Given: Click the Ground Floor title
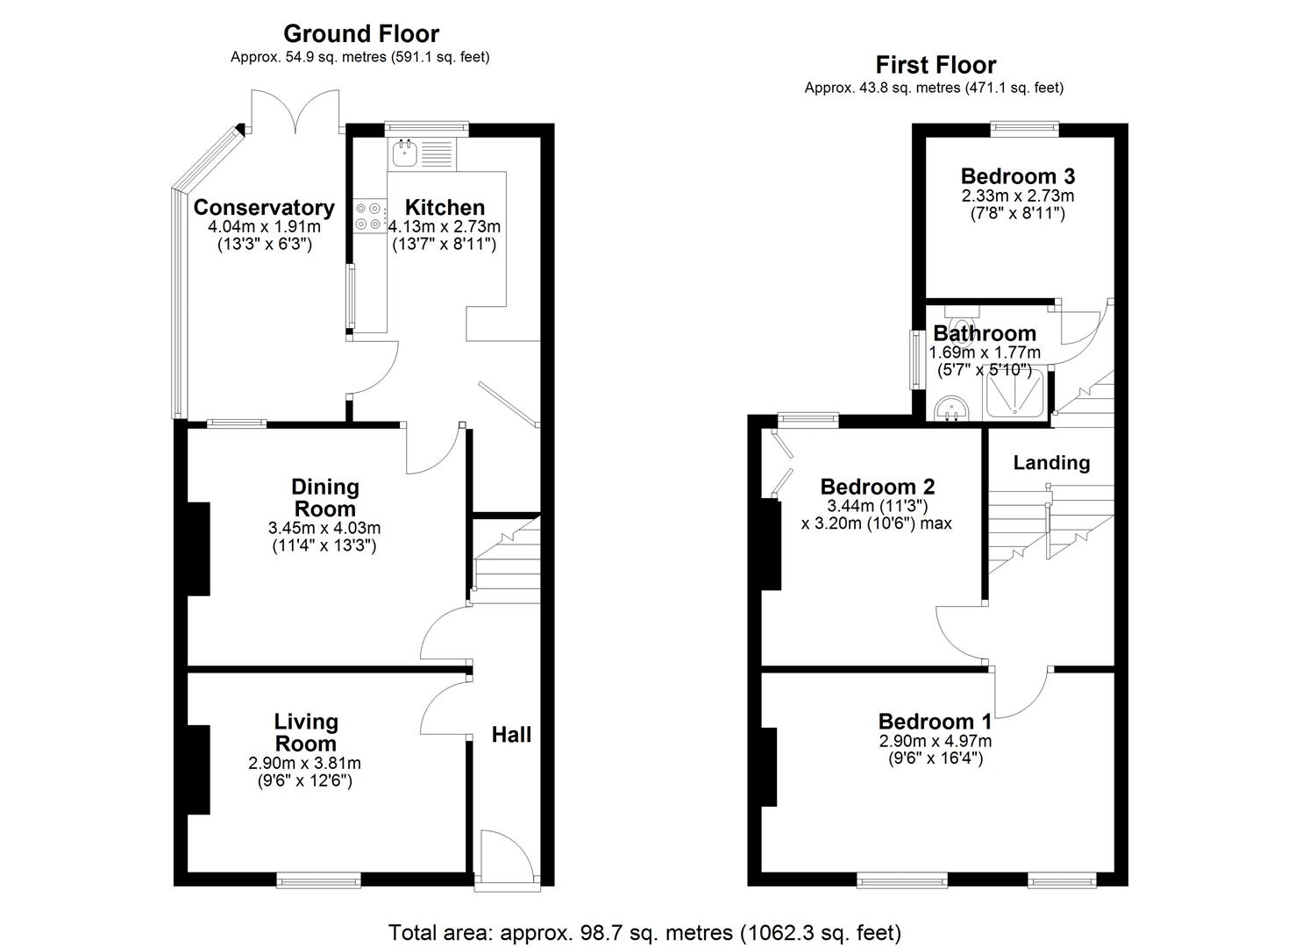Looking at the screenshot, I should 360,34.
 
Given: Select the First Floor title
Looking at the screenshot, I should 936,66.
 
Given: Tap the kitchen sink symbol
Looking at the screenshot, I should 405,154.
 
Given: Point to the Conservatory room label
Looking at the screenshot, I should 264,208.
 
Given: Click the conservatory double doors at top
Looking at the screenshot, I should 295,111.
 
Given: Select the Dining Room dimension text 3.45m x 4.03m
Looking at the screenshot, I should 324,528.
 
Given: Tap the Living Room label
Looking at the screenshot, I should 306,732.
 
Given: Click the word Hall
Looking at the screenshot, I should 511,735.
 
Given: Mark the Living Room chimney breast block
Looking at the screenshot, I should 198,770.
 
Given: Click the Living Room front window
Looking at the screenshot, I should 319,879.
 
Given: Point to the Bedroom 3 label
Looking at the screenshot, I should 1017,175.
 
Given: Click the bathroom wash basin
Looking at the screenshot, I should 950,408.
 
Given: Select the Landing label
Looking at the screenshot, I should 1051,463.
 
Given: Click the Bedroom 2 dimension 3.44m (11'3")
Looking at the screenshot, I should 877,507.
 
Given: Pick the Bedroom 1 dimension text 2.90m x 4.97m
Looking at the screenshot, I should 936,741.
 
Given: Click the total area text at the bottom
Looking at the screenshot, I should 644,932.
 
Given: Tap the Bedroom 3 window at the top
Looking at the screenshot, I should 1024,129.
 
